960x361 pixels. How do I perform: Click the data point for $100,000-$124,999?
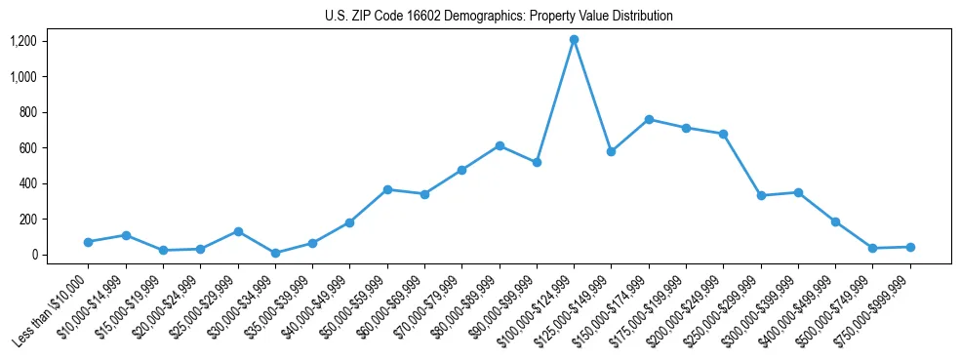coord(574,40)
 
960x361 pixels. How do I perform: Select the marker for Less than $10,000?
coord(88,242)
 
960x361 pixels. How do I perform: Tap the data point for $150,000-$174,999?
coord(649,119)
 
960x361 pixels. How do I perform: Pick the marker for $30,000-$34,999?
coord(275,253)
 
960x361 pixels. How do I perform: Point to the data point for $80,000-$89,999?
coord(500,145)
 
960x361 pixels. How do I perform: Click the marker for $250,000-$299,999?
coord(761,196)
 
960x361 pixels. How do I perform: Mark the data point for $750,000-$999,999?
coord(910,247)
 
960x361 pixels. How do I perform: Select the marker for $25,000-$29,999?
coord(237,231)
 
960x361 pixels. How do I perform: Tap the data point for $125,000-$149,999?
coord(611,152)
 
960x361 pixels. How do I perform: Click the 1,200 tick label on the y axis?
coord(23,41)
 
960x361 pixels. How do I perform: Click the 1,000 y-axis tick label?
coord(23,77)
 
